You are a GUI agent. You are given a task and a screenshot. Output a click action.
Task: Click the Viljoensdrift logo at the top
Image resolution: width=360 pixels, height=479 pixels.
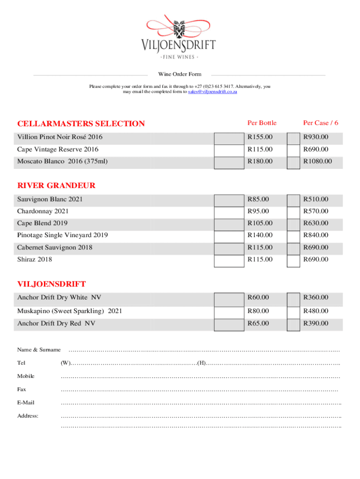179,37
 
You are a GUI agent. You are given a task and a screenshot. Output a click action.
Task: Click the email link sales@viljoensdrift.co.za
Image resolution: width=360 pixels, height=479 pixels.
212,92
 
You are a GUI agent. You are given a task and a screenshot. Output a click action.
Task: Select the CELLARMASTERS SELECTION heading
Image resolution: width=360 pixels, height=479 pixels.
81,123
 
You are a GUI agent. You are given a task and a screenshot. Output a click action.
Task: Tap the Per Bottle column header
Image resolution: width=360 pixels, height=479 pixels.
262,123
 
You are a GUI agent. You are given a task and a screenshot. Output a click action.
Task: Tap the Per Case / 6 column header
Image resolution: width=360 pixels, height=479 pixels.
320,123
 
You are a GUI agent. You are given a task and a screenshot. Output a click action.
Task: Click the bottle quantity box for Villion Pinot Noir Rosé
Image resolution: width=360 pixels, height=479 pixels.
229,138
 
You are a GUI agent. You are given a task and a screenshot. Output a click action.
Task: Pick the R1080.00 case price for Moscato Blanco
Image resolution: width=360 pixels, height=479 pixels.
317,161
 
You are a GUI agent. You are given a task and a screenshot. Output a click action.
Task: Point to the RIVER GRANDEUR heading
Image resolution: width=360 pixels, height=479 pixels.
56,185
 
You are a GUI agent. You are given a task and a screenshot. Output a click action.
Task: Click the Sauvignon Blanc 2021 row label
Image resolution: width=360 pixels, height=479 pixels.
50,199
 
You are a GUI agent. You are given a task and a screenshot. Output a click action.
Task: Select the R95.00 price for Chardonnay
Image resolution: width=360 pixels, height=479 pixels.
258,211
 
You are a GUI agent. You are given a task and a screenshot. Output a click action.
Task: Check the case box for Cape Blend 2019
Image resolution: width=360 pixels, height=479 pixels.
293,224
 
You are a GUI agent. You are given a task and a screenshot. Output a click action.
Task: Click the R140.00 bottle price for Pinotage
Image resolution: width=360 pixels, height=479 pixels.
260,235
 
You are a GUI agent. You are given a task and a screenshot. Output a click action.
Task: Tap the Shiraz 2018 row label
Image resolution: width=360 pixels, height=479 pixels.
35,259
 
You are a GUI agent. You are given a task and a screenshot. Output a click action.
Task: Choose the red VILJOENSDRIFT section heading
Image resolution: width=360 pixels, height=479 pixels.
51,284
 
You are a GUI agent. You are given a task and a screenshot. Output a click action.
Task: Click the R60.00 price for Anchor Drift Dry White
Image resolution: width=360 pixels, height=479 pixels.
258,298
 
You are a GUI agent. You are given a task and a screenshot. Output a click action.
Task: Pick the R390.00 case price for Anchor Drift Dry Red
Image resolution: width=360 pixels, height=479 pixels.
316,323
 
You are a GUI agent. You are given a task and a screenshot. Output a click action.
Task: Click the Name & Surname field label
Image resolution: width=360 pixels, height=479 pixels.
39,349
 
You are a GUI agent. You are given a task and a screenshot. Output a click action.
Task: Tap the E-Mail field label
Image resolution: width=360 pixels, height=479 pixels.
26,402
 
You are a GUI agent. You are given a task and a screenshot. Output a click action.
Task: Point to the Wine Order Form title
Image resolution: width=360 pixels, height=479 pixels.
180,74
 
